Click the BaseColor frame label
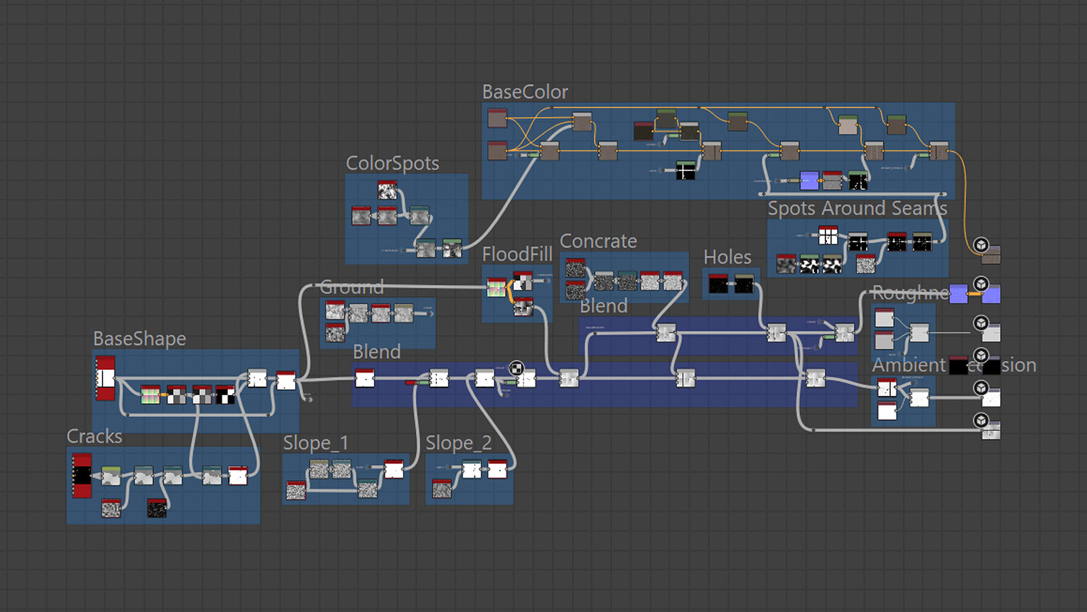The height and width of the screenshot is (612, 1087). pyautogui.click(x=525, y=92)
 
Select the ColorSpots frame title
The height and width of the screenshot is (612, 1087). pyautogui.click(x=392, y=163)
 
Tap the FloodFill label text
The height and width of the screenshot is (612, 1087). pyautogui.click(x=517, y=255)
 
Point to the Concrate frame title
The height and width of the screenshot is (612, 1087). pyautogui.click(x=598, y=241)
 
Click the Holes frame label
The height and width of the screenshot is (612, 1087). pyautogui.click(x=727, y=257)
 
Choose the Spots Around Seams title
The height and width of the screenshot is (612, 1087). pyautogui.click(x=857, y=209)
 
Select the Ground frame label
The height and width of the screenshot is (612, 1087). pyautogui.click(x=351, y=287)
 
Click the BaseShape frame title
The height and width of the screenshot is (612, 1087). pyautogui.click(x=139, y=339)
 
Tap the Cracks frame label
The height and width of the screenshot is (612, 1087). pyautogui.click(x=94, y=437)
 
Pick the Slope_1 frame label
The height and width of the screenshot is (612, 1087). pyautogui.click(x=315, y=443)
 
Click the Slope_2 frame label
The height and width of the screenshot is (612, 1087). pyautogui.click(x=458, y=443)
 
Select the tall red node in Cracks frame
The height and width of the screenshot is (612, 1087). pyautogui.click(x=82, y=476)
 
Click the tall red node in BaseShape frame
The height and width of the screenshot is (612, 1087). pyautogui.click(x=106, y=378)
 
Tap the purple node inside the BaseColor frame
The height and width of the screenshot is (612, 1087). pyautogui.click(x=809, y=181)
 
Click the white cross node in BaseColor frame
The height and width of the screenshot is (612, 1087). pyautogui.click(x=685, y=170)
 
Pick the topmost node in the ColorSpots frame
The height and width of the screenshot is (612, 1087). pyautogui.click(x=387, y=191)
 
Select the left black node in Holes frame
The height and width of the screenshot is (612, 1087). pyautogui.click(x=718, y=284)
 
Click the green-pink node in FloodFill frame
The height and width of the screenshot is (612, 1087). pyautogui.click(x=496, y=288)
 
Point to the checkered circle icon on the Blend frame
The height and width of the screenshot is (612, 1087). pyautogui.click(x=516, y=368)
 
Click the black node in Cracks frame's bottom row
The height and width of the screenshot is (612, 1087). pyautogui.click(x=157, y=508)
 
